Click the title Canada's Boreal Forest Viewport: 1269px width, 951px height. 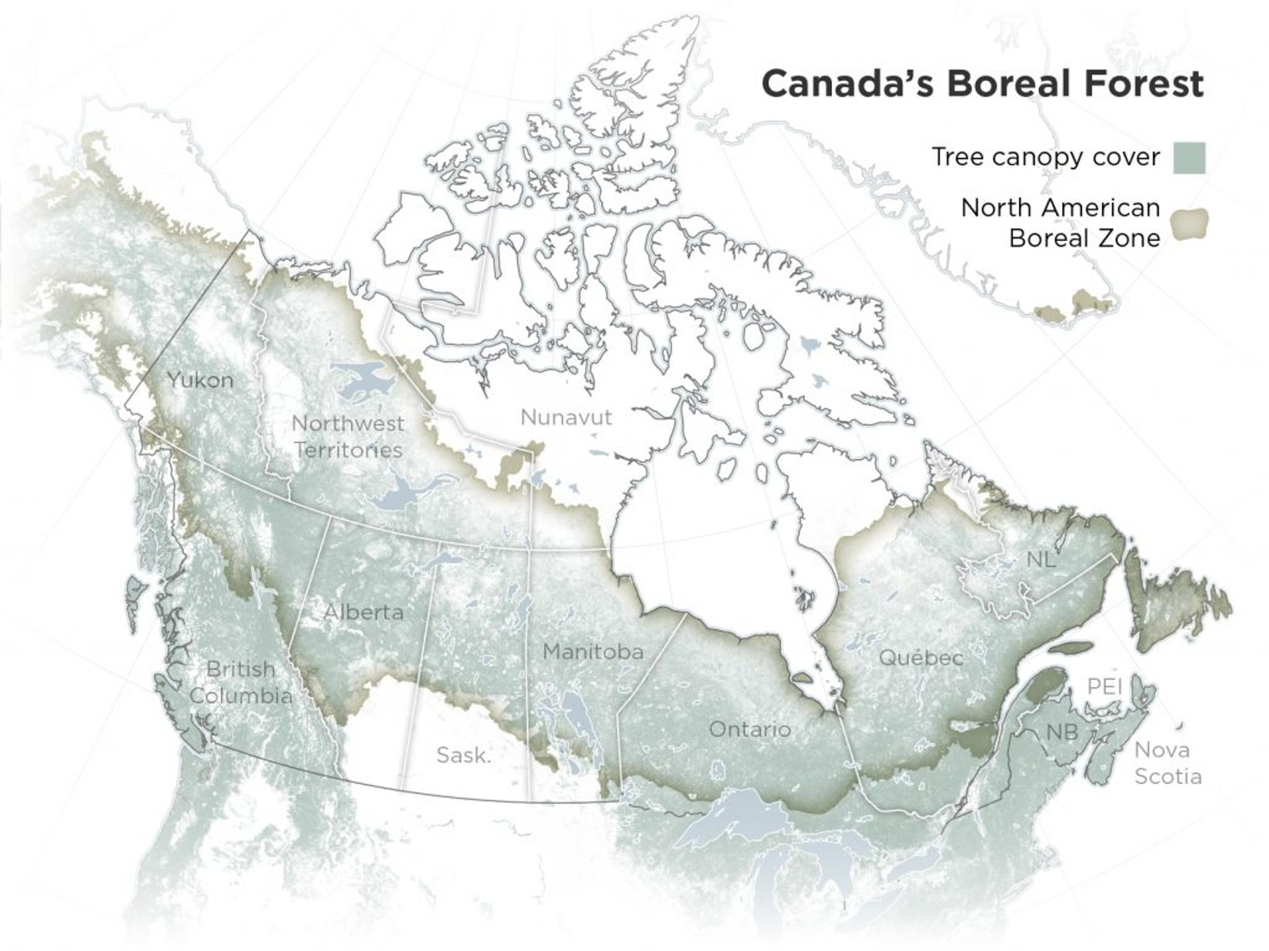982,84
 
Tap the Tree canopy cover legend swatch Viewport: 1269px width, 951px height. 1189,157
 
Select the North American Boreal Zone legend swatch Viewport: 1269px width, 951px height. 1189,224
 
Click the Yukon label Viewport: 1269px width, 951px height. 200,380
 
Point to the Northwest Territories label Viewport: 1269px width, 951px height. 348,436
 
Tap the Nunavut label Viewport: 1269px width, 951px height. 566,417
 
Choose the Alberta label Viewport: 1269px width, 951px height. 364,613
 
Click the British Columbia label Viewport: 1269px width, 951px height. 240,682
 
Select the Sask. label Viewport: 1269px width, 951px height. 463,755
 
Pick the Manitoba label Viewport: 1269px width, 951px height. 593,652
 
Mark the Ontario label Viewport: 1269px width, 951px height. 750,729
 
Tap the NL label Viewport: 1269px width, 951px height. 1040,560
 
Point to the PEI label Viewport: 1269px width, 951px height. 1105,687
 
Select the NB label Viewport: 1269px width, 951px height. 1062,732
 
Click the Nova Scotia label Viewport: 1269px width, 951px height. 1167,763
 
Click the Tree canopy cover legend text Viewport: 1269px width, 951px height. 1045,157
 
